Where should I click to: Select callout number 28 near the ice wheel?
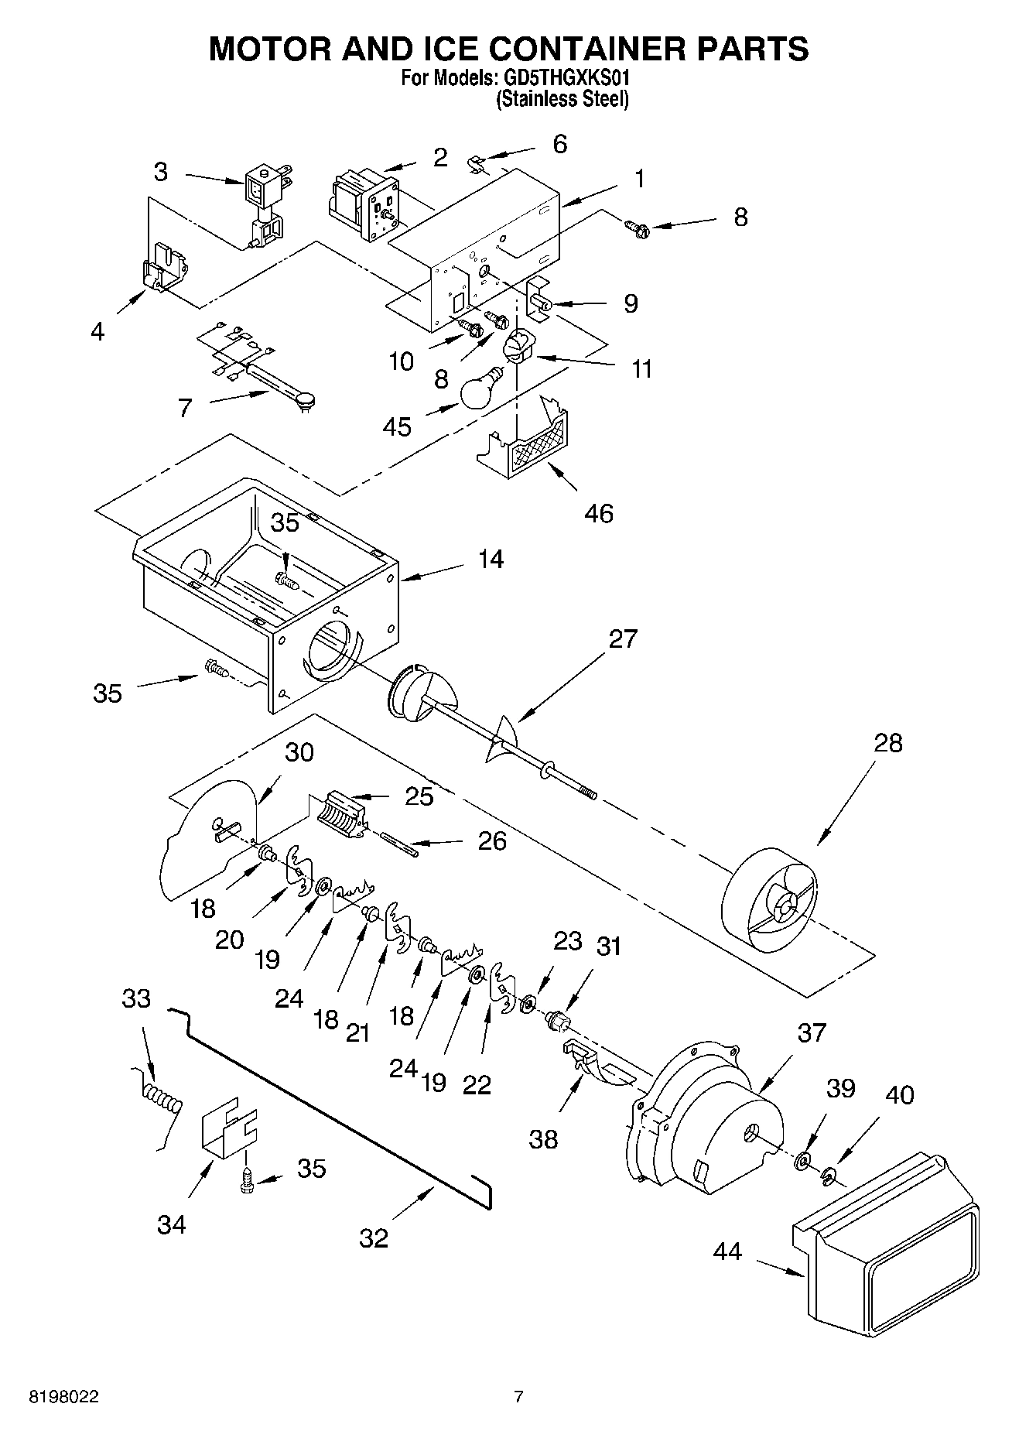888,743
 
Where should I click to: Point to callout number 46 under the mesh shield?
599,513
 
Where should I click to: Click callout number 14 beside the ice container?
491,559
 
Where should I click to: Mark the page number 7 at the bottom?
518,1397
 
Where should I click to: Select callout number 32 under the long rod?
374,1238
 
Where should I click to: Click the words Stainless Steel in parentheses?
562,99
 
